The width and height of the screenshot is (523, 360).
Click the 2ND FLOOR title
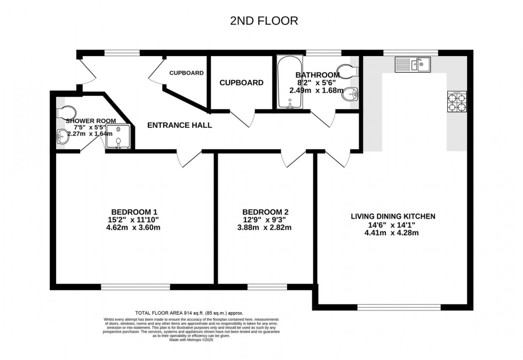pos(264,21)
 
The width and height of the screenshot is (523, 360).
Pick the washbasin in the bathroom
pos(350,94)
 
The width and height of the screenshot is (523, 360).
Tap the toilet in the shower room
pos(67,111)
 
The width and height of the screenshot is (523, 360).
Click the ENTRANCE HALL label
pos(180,125)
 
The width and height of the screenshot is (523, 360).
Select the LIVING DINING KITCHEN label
pos(393,216)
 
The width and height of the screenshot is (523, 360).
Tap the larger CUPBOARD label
pos(241,83)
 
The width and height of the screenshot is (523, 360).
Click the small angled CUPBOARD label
pos(186,73)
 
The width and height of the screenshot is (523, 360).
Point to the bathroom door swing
pos(323,119)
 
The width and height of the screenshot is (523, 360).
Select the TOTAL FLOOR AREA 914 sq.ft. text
pos(190,313)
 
